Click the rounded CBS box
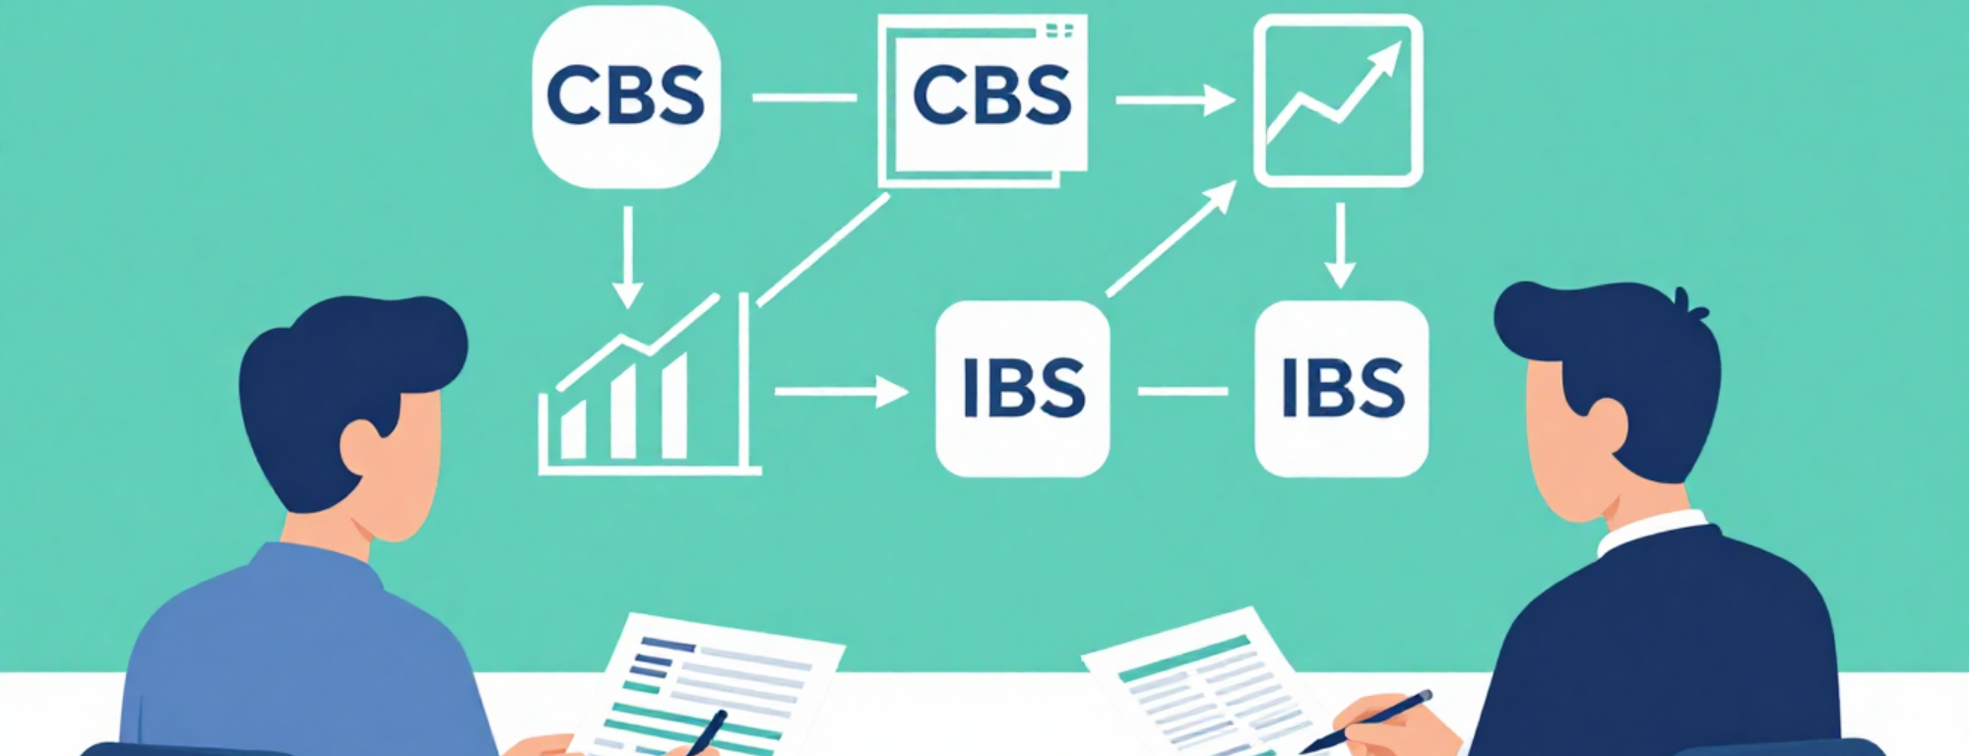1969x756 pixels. pyautogui.click(x=626, y=96)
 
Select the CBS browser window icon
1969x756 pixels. pyautogui.click(x=984, y=98)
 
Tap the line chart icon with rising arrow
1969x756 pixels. pyautogui.click(x=1338, y=99)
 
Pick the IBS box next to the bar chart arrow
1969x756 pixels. pyautogui.click(x=1022, y=389)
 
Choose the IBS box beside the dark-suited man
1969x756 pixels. pyautogui.click(x=1341, y=389)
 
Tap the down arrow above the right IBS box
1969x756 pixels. pyautogui.click(x=1339, y=246)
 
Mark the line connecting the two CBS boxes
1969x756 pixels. pyautogui.click(x=804, y=97)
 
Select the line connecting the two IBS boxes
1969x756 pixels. pyautogui.click(x=1182, y=392)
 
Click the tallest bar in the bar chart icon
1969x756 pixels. pyautogui.click(x=674, y=406)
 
